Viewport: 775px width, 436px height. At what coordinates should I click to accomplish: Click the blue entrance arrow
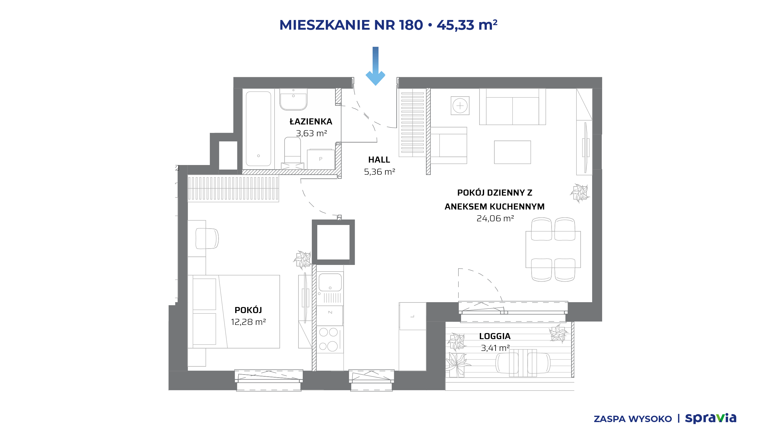pos(375,66)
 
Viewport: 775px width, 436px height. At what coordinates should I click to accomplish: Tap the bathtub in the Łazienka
pos(258,129)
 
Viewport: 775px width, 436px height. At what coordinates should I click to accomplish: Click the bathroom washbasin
pos(293,99)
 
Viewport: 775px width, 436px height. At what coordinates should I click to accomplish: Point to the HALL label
pos(379,160)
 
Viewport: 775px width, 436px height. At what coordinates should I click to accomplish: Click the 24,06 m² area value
pos(495,218)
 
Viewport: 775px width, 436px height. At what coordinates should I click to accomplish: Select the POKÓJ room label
pos(248,310)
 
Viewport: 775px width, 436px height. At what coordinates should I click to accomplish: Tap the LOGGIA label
pos(495,336)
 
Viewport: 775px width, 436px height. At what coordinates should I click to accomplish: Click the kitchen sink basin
pos(330,282)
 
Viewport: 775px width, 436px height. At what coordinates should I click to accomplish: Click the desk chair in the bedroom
pos(207,238)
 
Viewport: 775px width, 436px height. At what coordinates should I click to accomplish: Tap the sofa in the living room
pos(513,107)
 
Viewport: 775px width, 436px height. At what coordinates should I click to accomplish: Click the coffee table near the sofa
pos(513,152)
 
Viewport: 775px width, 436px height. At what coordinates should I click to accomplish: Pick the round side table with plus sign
pos(460,106)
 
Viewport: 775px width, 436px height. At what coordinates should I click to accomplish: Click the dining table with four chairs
pos(553,249)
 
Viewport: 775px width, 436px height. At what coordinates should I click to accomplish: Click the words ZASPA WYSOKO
pos(633,419)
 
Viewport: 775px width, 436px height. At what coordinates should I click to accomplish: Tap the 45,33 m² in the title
pos(467,25)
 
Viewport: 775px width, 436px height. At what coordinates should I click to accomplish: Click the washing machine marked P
pos(321,159)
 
